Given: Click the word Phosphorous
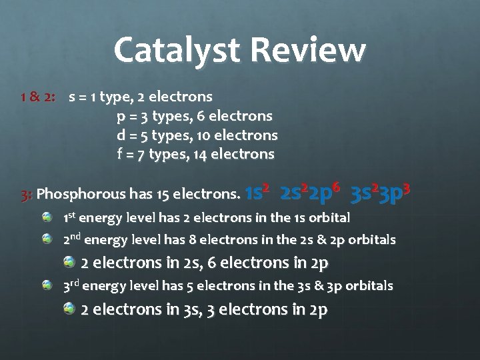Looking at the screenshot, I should (82, 195).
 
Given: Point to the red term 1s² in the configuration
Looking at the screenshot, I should (257, 193).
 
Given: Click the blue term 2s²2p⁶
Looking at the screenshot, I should (311, 193).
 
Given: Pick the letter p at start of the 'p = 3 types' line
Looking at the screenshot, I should (121, 117).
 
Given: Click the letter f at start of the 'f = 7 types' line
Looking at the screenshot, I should (119, 155).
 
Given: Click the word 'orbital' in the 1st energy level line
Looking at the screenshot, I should (327, 218).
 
